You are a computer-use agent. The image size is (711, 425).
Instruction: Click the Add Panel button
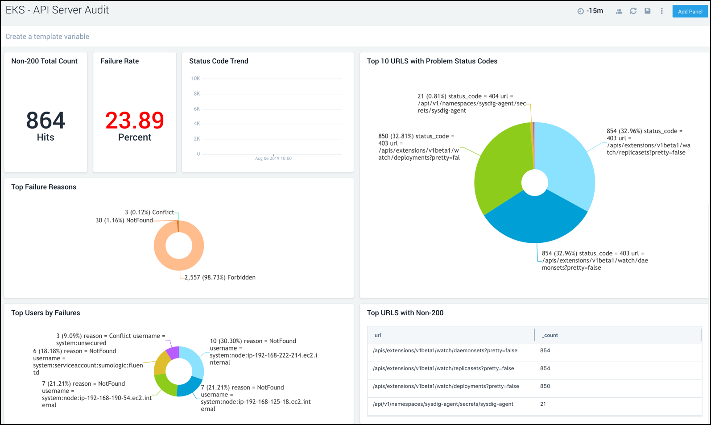[x=690, y=12]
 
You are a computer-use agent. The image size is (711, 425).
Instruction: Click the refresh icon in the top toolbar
[x=633, y=11]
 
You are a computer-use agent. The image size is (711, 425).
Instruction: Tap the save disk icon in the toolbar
[x=647, y=11]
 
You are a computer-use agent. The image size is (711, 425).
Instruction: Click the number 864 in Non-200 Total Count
[x=45, y=121]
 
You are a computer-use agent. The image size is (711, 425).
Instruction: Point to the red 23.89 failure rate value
[x=135, y=121]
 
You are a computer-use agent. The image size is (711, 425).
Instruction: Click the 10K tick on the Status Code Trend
[x=195, y=79]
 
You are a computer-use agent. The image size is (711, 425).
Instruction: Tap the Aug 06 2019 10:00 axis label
[x=273, y=158]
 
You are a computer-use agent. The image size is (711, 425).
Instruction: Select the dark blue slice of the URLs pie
[x=535, y=219]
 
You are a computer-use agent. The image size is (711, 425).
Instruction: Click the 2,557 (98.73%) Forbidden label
[x=220, y=278]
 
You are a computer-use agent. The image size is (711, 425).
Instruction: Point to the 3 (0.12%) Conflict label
[x=149, y=212]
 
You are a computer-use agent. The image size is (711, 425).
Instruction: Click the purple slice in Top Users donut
[x=173, y=352]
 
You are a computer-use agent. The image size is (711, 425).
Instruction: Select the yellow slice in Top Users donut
[x=161, y=364]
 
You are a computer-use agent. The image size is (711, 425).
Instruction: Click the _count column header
[x=550, y=335]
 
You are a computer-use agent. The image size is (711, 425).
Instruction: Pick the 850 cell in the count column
[x=545, y=386]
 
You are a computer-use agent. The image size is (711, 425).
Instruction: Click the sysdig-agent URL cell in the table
[x=443, y=404]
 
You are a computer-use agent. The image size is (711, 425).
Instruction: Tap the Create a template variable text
[x=47, y=37]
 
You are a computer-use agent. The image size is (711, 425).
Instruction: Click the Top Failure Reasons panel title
[x=44, y=187]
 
